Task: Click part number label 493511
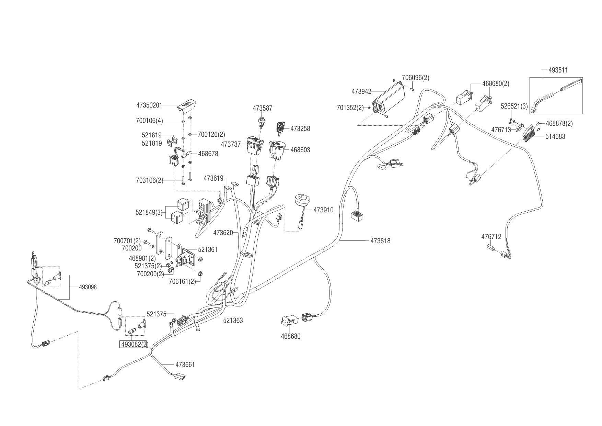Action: coord(558,70)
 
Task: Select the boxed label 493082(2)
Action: coord(134,345)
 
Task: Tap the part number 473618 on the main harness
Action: coord(380,241)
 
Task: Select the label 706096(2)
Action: coord(415,78)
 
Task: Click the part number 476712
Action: coord(491,237)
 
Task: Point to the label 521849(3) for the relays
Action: coord(149,212)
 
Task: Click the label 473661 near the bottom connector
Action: coord(185,365)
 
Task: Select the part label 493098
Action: coord(88,287)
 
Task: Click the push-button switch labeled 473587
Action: coord(262,122)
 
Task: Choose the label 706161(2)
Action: coord(182,282)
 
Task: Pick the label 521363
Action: coord(233,321)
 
